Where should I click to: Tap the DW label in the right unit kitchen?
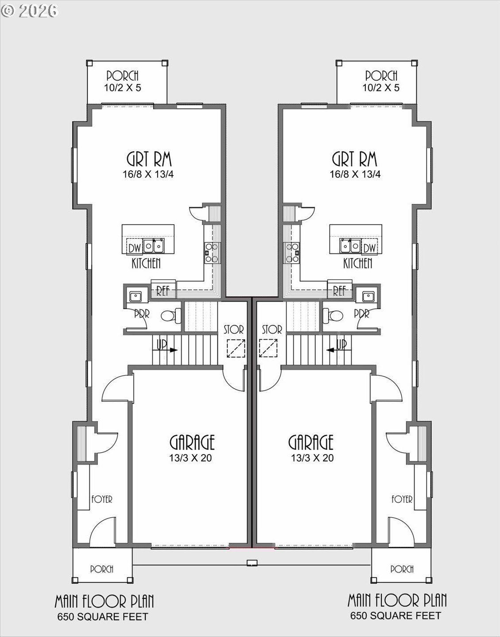[369, 247]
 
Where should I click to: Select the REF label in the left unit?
[163, 291]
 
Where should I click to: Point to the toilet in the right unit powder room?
[333, 315]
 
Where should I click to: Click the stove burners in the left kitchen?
[211, 252]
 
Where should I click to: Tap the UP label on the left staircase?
[162, 344]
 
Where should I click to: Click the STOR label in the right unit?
[271, 330]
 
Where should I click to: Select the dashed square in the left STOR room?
[236, 348]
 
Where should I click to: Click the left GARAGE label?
[192, 442]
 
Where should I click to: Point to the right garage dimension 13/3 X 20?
[312, 458]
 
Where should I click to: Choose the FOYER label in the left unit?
[101, 499]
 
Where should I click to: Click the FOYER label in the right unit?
[402, 499]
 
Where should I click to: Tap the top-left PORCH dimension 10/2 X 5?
[122, 88]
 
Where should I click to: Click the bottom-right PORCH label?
[402, 569]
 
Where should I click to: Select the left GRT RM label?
[149, 159]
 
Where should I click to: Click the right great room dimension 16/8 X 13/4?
[355, 174]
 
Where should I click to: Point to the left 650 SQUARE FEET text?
[103, 617]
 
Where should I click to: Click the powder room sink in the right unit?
[368, 296]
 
